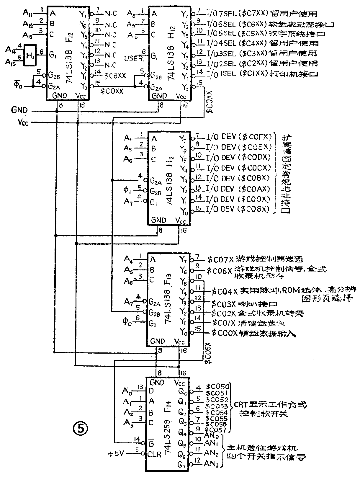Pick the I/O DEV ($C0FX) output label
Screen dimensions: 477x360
tap(238, 137)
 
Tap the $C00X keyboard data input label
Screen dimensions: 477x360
tap(225, 333)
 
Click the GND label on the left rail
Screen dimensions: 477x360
tap(19, 110)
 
